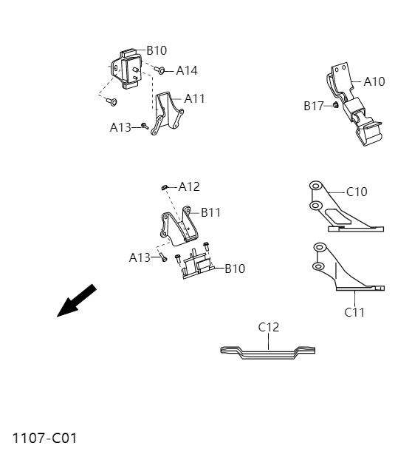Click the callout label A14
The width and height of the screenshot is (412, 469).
(187, 71)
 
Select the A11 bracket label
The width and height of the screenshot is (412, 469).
(195, 98)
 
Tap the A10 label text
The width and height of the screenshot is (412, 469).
(374, 81)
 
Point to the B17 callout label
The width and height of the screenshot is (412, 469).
(314, 106)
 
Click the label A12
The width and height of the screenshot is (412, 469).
(189, 186)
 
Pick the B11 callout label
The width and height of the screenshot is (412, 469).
(210, 212)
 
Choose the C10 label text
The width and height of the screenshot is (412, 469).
(357, 192)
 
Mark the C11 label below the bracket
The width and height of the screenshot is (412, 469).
(354, 312)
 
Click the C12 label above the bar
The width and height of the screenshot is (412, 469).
(269, 326)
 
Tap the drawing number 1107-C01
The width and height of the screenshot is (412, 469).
(44, 438)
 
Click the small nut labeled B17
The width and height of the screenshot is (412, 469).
(335, 106)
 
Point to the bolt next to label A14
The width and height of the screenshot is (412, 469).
(160, 70)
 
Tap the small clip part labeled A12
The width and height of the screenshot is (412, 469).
(167, 187)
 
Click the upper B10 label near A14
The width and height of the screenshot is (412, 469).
(157, 50)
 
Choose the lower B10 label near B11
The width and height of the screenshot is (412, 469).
(235, 269)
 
